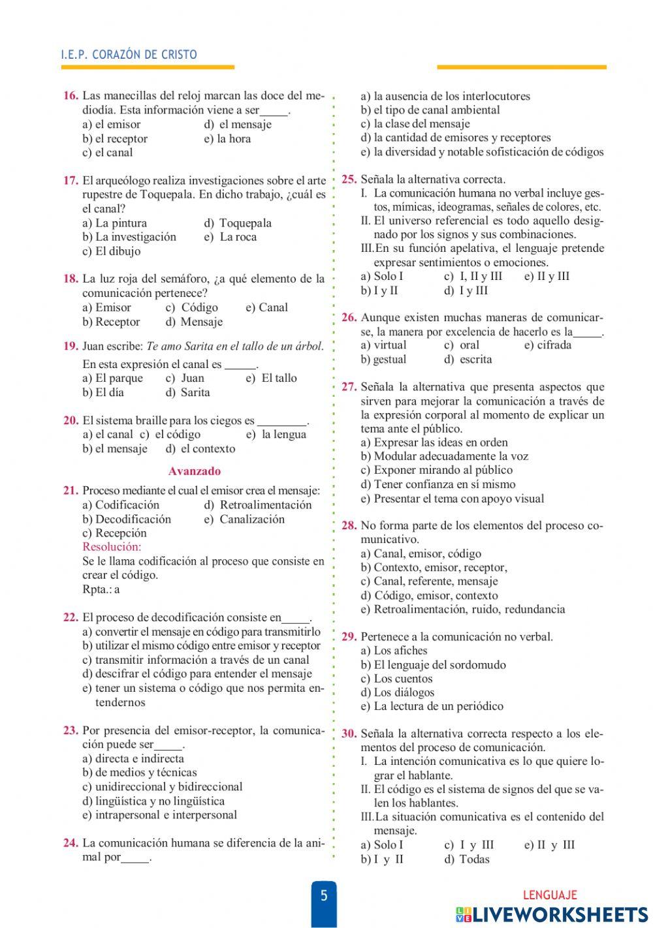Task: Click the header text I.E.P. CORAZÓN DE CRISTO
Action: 129,55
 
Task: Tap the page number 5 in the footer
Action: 324,895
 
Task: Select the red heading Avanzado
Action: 195,471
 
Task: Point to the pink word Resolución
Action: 112,547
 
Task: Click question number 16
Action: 71,96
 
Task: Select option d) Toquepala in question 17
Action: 238,223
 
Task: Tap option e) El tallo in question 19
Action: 271,378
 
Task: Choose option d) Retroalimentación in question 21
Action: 258,504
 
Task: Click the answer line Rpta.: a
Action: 101,589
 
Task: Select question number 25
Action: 349,179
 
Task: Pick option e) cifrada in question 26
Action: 548,345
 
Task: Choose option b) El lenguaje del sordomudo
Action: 433,664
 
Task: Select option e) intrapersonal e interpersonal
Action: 160,814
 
